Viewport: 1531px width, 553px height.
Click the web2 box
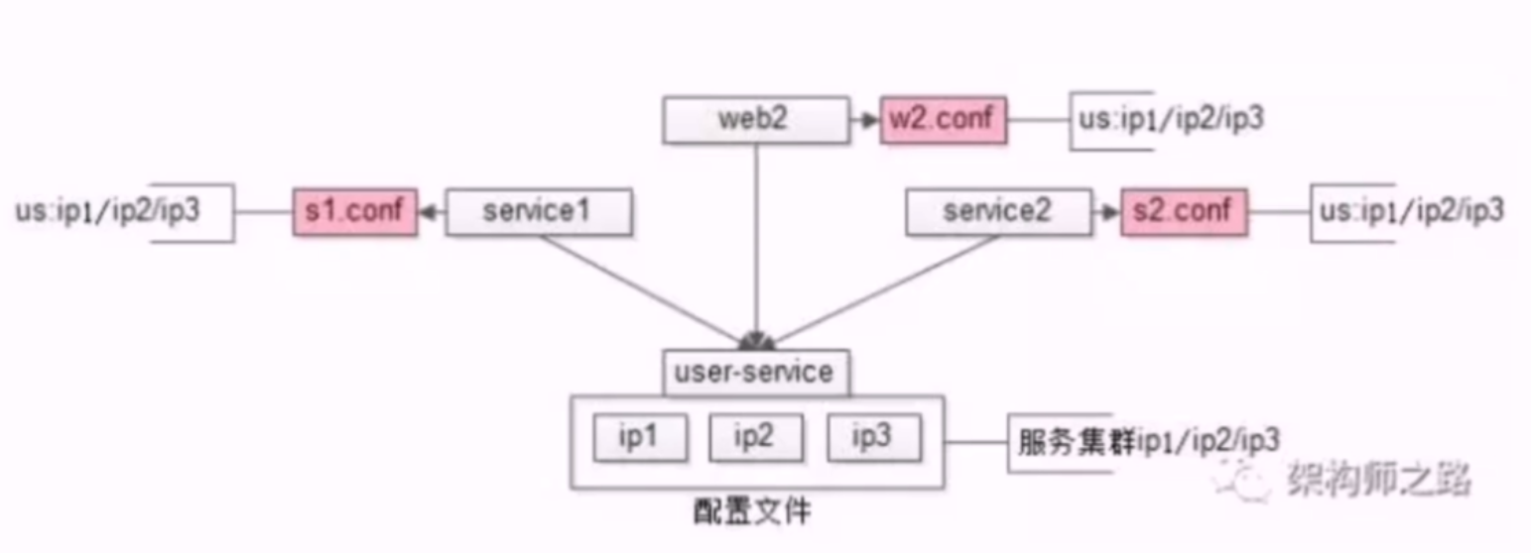756,120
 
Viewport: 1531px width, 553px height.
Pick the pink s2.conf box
1185,211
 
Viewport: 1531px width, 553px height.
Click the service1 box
538,211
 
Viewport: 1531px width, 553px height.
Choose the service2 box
997,211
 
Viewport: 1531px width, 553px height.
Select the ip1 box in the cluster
639,437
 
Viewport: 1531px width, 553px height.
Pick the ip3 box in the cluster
873,437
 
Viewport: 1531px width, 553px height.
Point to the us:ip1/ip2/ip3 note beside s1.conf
108,211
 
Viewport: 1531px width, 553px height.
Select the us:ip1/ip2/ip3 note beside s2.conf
1410,211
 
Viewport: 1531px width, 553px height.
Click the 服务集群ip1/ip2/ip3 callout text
1147,440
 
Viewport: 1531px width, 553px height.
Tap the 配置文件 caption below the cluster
752,512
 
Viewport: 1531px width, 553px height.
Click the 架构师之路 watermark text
1378,481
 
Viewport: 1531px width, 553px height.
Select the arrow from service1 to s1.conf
432,211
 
